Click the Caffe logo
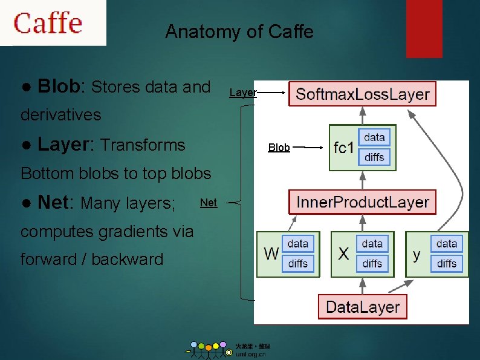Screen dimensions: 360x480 pyautogui.click(x=48, y=23)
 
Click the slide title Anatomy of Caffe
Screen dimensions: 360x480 pyautogui.click(x=239, y=31)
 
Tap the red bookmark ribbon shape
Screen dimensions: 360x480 pyautogui.click(x=424, y=28)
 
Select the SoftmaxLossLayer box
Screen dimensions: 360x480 pyautogui.click(x=362, y=94)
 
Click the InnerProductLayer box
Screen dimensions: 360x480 pyautogui.click(x=362, y=202)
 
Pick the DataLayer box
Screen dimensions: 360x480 pyautogui.click(x=362, y=306)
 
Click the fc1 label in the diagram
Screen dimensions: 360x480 pyautogui.click(x=343, y=148)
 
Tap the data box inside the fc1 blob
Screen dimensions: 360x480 pyautogui.click(x=374, y=137)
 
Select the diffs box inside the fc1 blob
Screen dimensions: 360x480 pyautogui.click(x=374, y=157)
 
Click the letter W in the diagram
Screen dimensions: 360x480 pyautogui.click(x=271, y=254)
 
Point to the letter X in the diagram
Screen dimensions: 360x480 pyautogui.click(x=343, y=254)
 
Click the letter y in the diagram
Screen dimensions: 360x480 pyautogui.click(x=417, y=254)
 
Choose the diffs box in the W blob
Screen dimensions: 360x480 pyautogui.click(x=297, y=264)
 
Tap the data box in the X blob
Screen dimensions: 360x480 pyautogui.click(x=372, y=244)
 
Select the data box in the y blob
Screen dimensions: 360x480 pyautogui.click(x=446, y=244)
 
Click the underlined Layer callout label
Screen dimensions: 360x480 pyautogui.click(x=243, y=93)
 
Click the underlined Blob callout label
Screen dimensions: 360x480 pyautogui.click(x=279, y=148)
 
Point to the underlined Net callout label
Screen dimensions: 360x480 pyautogui.click(x=208, y=203)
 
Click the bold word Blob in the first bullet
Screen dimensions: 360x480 pyautogui.click(x=58, y=87)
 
